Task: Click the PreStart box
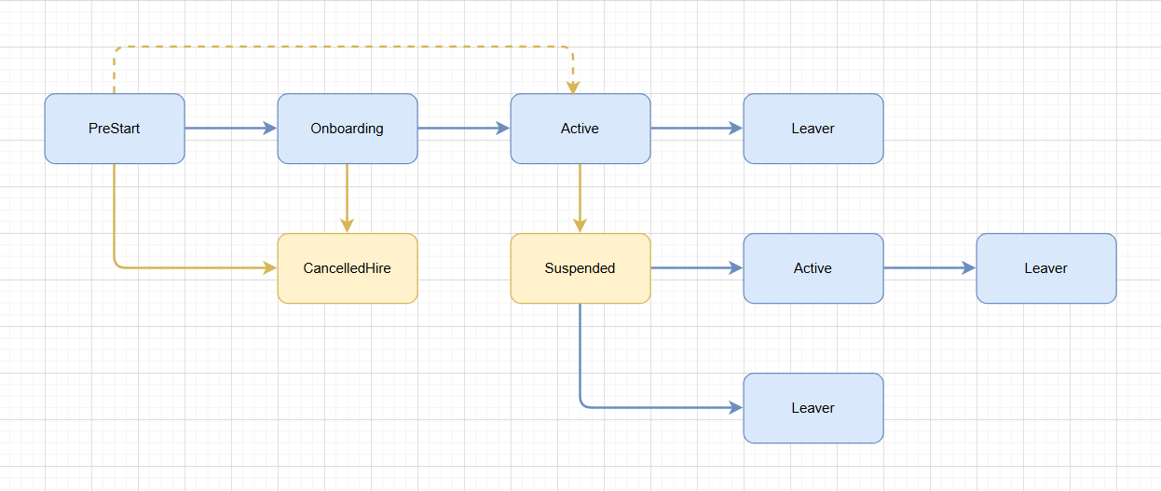[115, 129]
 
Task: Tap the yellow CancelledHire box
[347, 268]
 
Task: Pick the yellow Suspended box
[580, 268]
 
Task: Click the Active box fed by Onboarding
[580, 129]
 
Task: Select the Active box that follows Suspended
[813, 268]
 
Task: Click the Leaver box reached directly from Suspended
[813, 408]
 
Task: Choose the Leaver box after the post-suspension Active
[1045, 268]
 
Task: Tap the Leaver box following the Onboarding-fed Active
[813, 129]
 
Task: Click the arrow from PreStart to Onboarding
[228, 129]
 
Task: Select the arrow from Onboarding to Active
[461, 129]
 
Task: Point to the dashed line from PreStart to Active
[345, 47]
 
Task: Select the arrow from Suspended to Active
[694, 268]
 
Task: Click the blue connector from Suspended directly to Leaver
[652, 408]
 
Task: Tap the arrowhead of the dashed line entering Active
[573, 87]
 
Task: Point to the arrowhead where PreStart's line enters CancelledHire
[270, 268]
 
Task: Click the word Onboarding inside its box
[347, 129]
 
